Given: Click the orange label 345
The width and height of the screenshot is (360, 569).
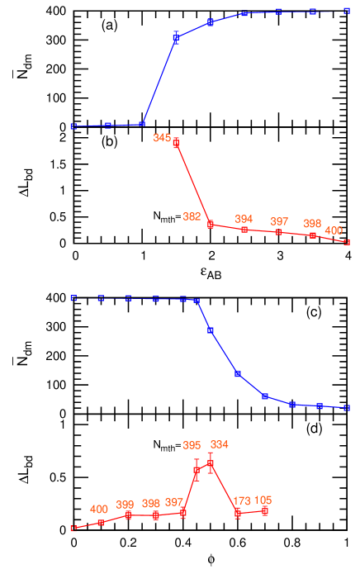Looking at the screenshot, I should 162,138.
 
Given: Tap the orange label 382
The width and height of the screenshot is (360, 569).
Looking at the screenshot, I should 191,216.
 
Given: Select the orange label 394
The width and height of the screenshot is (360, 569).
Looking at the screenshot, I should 244,219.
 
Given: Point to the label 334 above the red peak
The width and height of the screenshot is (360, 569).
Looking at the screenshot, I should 219,444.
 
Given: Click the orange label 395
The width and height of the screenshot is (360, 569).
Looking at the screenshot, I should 192,445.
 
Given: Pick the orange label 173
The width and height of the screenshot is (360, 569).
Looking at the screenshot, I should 242,500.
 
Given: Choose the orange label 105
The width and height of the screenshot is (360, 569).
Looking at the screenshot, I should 263,500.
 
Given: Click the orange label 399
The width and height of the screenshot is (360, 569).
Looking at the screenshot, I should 125,505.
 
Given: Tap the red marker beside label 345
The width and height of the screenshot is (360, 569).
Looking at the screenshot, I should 176,143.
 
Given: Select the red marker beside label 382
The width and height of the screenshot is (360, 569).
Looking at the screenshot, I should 211,224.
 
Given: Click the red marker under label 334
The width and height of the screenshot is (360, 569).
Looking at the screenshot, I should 211,464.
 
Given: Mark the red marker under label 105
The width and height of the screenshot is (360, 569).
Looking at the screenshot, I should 265,511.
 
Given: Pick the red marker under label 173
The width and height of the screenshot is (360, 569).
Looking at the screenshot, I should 238,513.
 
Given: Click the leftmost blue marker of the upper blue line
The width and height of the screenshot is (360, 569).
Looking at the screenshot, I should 73,126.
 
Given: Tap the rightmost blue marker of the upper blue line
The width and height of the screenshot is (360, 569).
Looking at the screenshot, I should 347,12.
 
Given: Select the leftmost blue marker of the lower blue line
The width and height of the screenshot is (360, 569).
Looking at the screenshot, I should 73,298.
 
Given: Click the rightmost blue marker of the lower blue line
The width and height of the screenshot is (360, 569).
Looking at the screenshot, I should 347,407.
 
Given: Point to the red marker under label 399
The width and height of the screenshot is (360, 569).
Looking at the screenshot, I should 128,515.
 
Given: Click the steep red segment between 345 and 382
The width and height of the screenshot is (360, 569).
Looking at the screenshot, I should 193,183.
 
